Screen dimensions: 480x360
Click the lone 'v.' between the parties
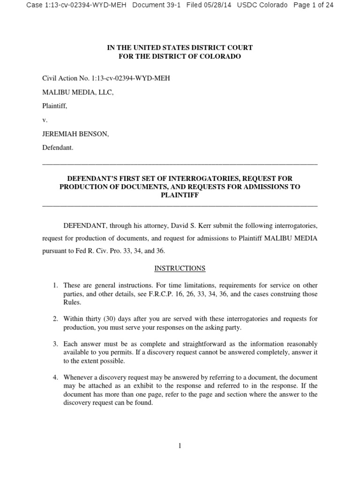click(x=45, y=120)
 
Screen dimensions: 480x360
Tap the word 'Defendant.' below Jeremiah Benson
click(x=58, y=148)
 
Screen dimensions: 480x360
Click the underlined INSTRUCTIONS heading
click(x=180, y=268)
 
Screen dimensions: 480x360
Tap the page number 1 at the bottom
click(x=180, y=446)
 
